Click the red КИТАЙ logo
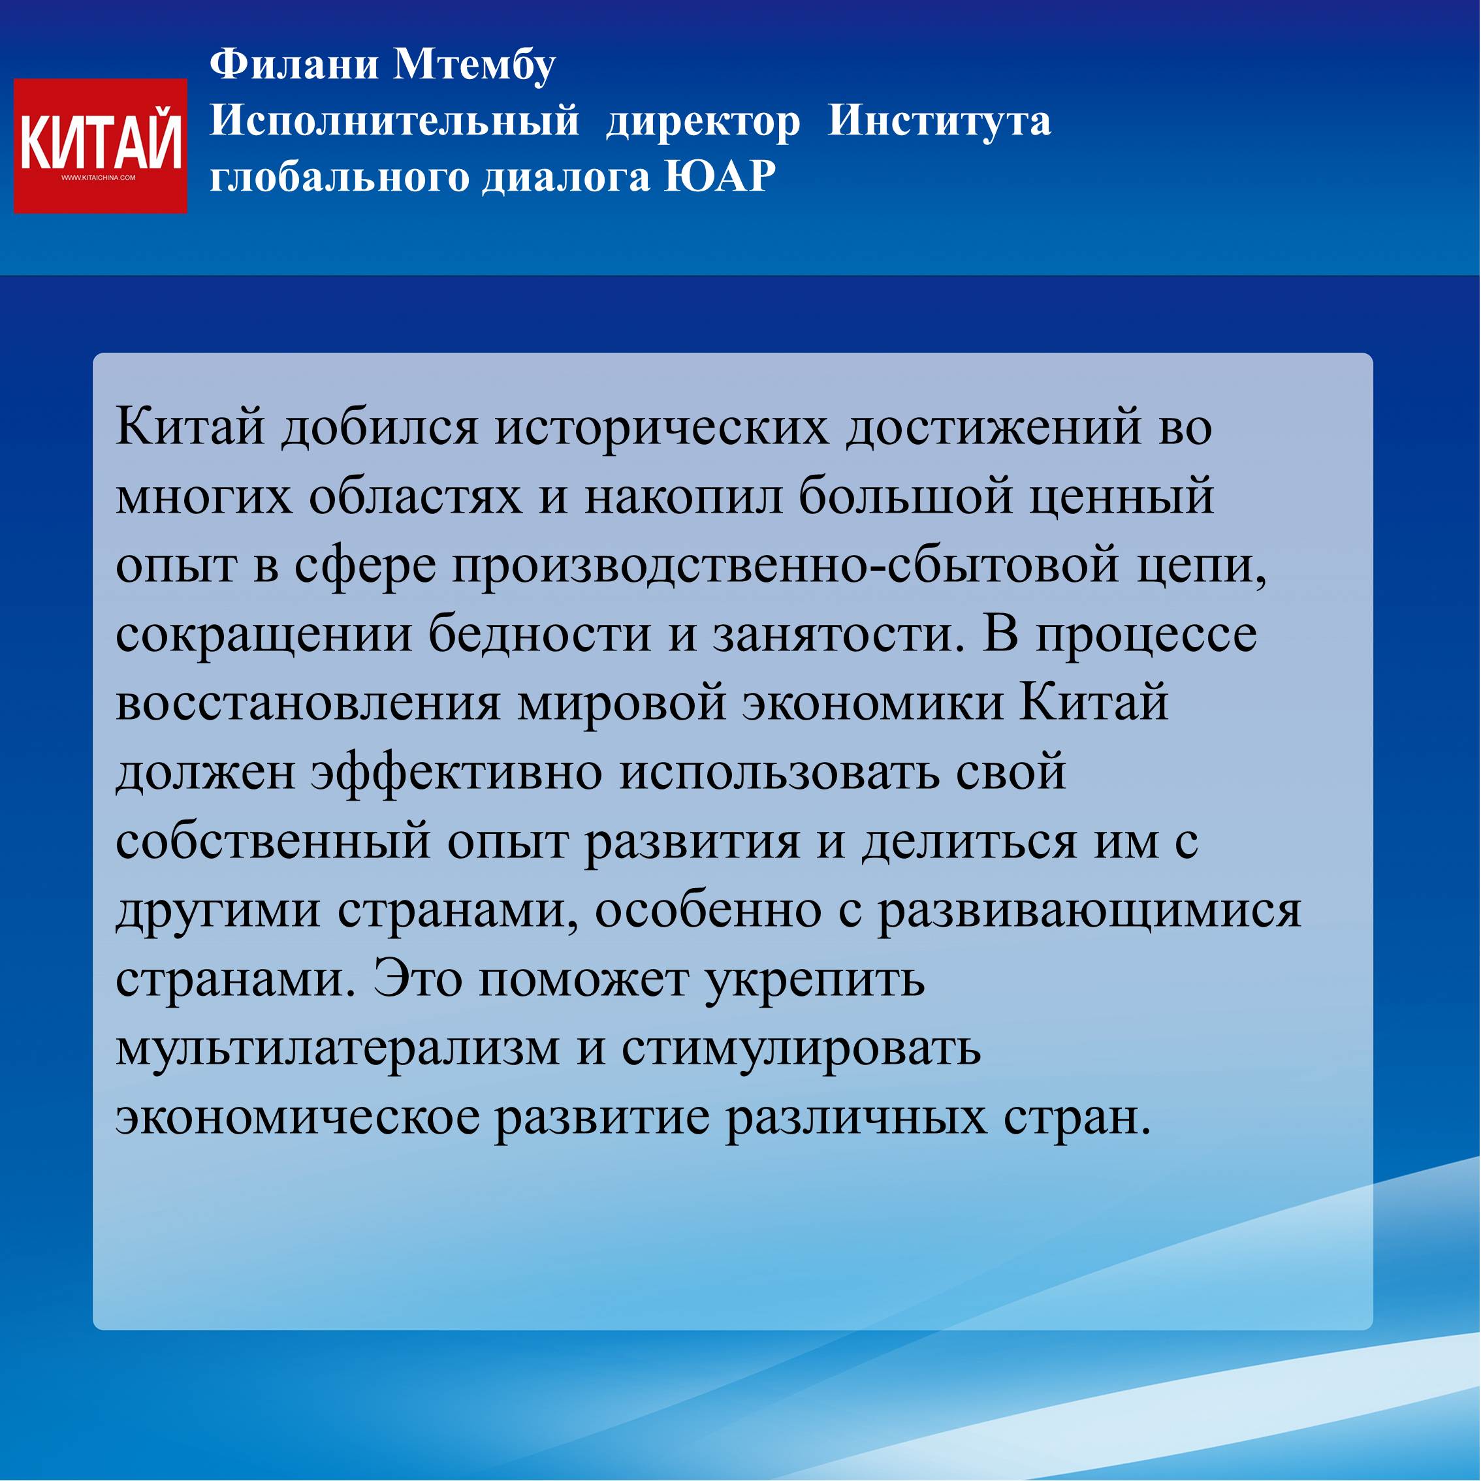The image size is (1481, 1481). click(x=101, y=146)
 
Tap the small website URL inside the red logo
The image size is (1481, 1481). click(x=98, y=178)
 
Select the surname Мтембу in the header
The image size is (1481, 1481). click(x=475, y=65)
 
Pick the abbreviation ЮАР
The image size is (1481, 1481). click(x=720, y=176)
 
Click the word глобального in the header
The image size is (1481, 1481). click(x=340, y=176)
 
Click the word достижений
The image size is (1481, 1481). click(x=993, y=428)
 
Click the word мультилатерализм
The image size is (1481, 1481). click(x=338, y=1049)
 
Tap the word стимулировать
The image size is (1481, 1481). click(x=801, y=1049)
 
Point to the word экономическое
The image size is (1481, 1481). click(x=297, y=1119)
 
